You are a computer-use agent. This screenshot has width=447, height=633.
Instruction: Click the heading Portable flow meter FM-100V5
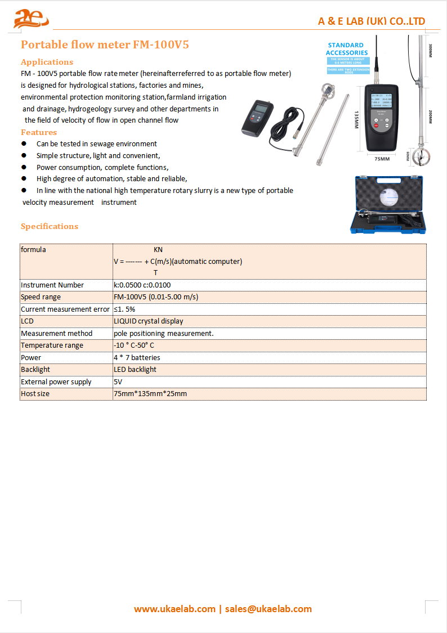[105, 45]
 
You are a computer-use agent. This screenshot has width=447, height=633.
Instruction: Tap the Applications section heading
[47, 62]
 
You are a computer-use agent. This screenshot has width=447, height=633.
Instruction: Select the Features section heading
[39, 132]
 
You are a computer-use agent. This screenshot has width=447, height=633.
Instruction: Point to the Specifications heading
[50, 226]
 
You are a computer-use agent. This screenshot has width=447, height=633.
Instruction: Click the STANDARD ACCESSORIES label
[346, 49]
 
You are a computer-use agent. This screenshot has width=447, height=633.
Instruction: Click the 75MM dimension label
[382, 159]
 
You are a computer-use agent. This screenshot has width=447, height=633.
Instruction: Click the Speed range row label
[41, 297]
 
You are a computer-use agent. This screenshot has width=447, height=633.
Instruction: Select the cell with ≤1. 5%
[124, 309]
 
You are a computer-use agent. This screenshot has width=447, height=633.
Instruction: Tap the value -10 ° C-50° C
[134, 345]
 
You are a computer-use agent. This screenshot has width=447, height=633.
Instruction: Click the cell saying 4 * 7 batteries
[137, 357]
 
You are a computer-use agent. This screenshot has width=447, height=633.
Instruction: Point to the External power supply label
[56, 382]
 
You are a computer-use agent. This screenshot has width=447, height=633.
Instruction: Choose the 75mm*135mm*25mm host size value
[150, 394]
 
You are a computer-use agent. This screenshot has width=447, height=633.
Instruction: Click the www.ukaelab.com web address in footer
[175, 609]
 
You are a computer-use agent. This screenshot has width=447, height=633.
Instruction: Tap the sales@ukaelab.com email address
[268, 609]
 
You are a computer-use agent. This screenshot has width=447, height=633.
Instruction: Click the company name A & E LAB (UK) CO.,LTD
[372, 21]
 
